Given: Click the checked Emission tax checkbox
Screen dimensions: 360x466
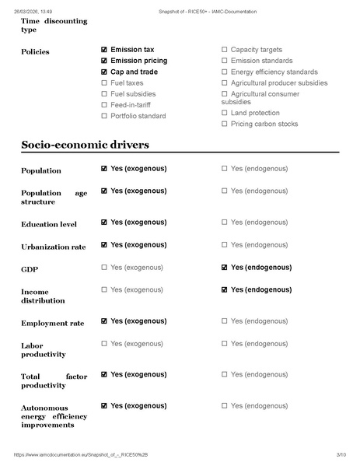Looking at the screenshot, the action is [x=104, y=49].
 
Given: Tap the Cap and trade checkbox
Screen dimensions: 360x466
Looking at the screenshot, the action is [x=104, y=72].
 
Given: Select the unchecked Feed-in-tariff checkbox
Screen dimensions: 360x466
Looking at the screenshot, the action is [x=104, y=104].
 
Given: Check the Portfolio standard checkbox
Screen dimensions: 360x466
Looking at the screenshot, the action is [x=104, y=116].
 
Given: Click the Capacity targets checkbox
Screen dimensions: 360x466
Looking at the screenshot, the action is [x=225, y=49].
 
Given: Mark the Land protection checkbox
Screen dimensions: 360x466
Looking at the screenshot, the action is [x=225, y=113].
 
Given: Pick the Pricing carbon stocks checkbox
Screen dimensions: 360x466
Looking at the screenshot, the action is [x=225, y=124].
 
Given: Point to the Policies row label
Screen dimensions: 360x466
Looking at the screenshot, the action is [x=35, y=52].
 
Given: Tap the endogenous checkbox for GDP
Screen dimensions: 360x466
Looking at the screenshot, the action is [x=225, y=268].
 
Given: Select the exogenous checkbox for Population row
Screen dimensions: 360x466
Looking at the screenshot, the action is [x=104, y=168].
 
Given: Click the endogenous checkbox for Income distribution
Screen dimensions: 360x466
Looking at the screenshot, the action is [x=225, y=289].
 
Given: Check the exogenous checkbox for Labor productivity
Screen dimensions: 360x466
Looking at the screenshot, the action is [x=104, y=343].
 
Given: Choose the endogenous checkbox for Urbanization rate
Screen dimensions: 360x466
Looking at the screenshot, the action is [x=225, y=244].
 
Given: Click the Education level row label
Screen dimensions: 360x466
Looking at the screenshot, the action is [x=49, y=224].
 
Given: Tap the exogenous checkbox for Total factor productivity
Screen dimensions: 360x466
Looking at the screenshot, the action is [x=104, y=374].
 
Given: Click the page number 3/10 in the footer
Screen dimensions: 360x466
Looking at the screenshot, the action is [x=341, y=454].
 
